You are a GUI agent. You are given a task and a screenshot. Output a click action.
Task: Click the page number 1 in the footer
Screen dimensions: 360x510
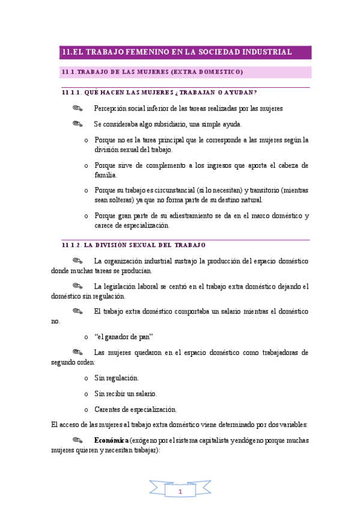[x=180, y=492]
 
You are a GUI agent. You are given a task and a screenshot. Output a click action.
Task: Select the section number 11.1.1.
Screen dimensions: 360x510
[x=71, y=92]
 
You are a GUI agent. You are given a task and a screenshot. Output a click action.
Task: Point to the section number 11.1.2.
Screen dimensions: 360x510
[x=71, y=245]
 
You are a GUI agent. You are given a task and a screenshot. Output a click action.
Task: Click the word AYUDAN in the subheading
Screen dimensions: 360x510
[x=239, y=92]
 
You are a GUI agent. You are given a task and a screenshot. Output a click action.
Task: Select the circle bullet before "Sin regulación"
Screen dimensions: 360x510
[x=87, y=378]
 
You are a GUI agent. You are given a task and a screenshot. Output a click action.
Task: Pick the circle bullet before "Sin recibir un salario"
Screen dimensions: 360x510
[x=87, y=393]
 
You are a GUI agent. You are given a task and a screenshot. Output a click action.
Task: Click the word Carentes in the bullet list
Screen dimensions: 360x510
[x=108, y=409]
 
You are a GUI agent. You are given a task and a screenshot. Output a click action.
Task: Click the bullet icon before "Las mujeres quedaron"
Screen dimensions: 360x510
[x=76, y=351]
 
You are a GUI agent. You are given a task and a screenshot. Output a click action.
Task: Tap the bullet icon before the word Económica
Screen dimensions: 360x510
[x=76, y=440]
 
